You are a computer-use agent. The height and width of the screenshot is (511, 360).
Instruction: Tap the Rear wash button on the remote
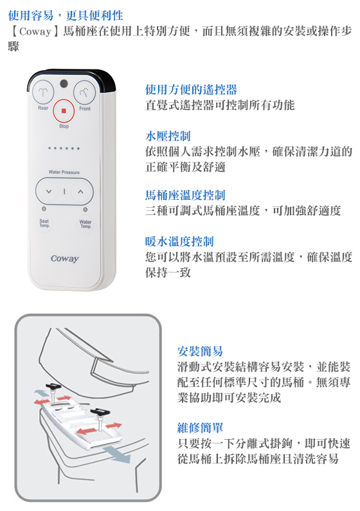pyautogui.click(x=42, y=92)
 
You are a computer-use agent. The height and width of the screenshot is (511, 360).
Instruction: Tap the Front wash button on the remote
pyautogui.click(x=84, y=92)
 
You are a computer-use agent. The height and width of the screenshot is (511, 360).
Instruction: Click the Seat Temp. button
pyautogui.click(x=44, y=223)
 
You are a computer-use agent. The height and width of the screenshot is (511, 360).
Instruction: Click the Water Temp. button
pyautogui.click(x=85, y=224)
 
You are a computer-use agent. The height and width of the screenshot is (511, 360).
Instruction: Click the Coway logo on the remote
pyautogui.click(x=65, y=258)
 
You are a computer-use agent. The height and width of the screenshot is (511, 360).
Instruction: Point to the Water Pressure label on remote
pyautogui.click(x=64, y=172)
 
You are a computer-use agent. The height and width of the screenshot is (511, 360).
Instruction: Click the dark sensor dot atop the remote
pyautogui.click(x=64, y=84)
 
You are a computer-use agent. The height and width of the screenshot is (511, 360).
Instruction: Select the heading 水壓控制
pyautogui.click(x=168, y=136)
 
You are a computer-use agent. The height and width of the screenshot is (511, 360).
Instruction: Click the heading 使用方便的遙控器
pyautogui.click(x=191, y=89)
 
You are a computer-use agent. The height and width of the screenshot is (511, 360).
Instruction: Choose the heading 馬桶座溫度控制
pyautogui.click(x=185, y=195)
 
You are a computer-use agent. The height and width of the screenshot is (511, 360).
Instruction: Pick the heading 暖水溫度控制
pyautogui.click(x=179, y=242)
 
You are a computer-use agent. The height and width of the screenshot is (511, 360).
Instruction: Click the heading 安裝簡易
pyautogui.click(x=200, y=351)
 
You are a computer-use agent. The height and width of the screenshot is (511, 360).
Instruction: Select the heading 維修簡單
pyautogui.click(x=200, y=427)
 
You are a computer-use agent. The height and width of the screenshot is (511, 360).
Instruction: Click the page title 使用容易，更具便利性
pyautogui.click(x=66, y=15)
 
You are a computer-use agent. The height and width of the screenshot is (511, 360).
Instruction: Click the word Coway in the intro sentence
pyautogui.click(x=35, y=31)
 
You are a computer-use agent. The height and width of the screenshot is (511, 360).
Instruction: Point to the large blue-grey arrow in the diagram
pyautogui.click(x=116, y=454)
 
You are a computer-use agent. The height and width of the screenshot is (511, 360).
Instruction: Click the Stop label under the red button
pyautogui.click(x=64, y=126)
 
